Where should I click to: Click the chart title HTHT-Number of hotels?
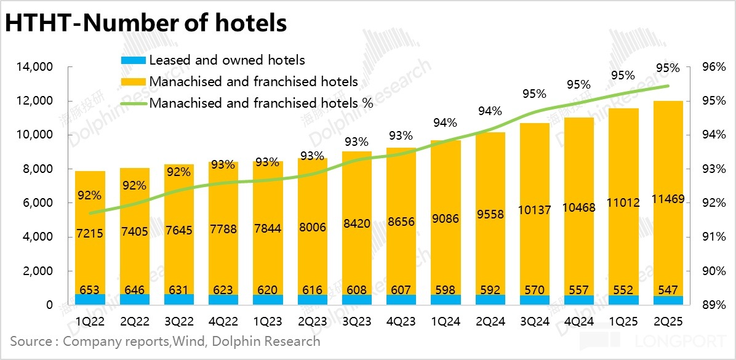[x=146, y=23]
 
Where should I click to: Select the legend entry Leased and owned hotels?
[x=226, y=60]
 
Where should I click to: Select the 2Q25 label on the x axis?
[x=667, y=321]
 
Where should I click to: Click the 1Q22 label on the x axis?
[x=90, y=321]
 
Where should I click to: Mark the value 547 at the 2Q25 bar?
[x=667, y=289]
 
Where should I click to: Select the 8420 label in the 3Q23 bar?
[x=356, y=223]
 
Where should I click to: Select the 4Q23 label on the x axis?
[x=401, y=321]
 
